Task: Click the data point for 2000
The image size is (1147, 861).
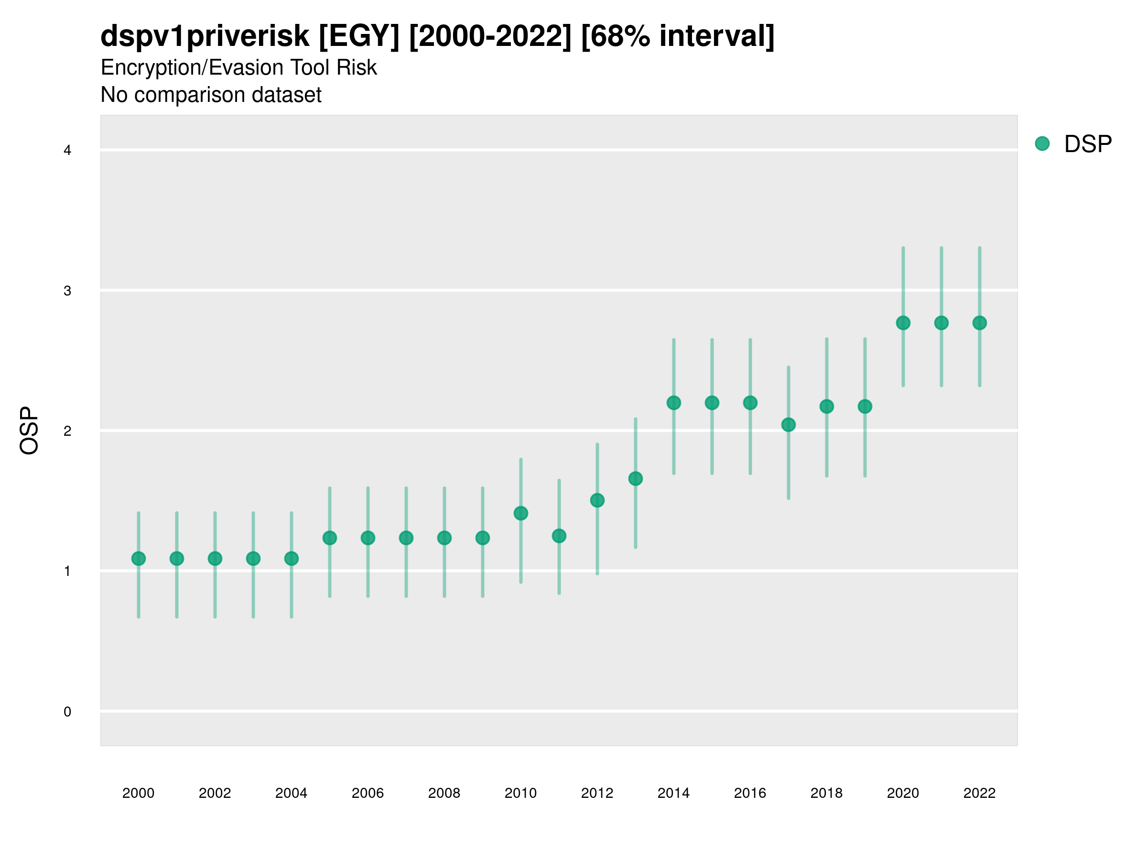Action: (139, 558)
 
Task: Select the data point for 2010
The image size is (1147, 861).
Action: (520, 513)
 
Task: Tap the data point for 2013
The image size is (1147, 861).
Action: (635, 478)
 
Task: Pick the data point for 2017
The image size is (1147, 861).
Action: (788, 425)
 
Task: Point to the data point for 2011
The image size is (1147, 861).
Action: (559, 536)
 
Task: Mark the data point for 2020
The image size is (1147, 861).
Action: (903, 323)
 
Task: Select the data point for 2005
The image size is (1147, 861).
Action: (330, 538)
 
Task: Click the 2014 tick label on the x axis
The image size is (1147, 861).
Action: (673, 793)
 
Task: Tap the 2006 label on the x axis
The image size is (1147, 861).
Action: (368, 793)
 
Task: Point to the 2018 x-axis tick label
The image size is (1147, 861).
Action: (826, 793)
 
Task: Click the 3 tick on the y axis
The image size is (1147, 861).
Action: (67, 291)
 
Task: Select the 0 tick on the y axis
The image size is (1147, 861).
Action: (67, 712)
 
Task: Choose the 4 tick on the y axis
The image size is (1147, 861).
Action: (67, 151)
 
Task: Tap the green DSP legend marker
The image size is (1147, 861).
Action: (1042, 144)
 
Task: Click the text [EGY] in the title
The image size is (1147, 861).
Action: (359, 36)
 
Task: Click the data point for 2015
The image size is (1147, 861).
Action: (712, 403)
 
